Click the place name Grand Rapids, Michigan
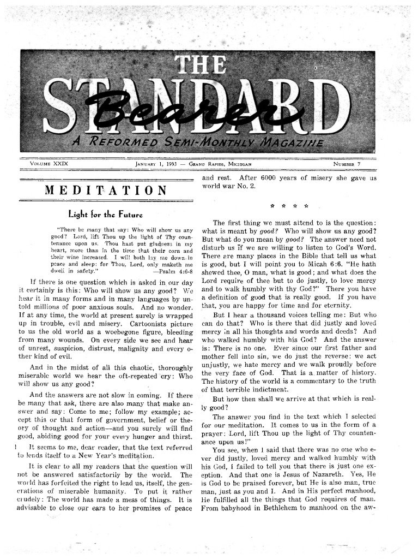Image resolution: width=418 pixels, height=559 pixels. coord(220,163)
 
